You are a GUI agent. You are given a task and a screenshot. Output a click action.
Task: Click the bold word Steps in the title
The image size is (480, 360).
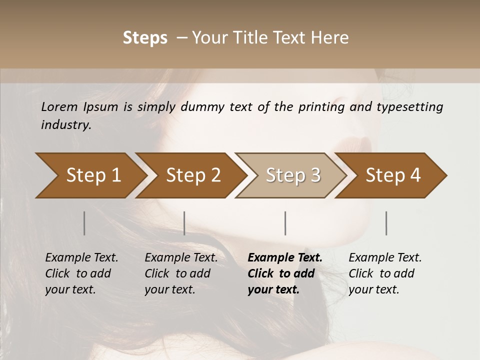click(x=145, y=38)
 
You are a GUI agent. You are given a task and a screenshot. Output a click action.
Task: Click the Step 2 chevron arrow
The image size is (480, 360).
click(x=190, y=175)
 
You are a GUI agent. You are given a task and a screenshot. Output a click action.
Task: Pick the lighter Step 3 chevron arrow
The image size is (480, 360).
click(x=291, y=175)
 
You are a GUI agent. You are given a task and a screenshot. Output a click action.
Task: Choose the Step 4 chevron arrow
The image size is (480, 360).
click(x=391, y=175)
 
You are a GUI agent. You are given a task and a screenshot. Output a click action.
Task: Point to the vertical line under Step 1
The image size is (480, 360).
click(x=84, y=223)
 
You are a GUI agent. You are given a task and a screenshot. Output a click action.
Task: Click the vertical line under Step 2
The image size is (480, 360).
click(x=184, y=223)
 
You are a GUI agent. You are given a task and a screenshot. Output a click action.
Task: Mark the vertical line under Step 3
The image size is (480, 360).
click(x=285, y=223)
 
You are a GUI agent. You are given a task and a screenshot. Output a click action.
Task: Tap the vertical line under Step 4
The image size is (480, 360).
click(x=386, y=223)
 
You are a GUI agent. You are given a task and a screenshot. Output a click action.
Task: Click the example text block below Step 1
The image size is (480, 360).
click(x=81, y=273)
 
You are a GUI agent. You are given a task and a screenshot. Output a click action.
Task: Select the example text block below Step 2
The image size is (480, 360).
click(x=180, y=273)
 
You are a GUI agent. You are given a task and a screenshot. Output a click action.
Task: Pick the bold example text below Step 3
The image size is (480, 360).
click(x=284, y=273)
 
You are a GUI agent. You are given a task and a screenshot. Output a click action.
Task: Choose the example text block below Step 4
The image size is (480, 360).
click(x=384, y=273)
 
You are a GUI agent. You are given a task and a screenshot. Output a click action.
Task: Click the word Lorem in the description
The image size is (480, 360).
click(x=59, y=107)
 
